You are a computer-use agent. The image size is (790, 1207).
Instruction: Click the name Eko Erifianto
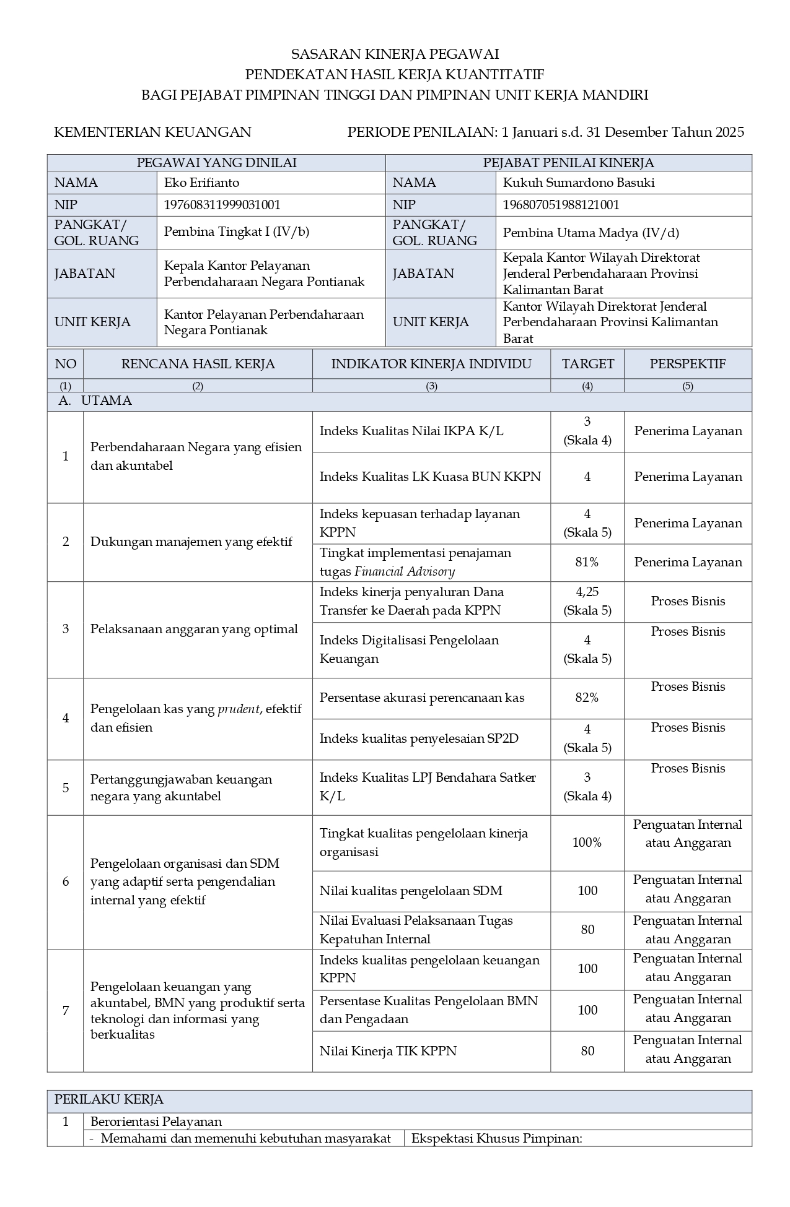pyautogui.click(x=201, y=183)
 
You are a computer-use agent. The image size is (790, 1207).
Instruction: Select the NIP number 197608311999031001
pyautogui.click(x=222, y=205)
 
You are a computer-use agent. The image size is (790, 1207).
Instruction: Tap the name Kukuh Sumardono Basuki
pyautogui.click(x=578, y=183)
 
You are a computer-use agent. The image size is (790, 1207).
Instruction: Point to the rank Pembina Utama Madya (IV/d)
pyautogui.click(x=590, y=233)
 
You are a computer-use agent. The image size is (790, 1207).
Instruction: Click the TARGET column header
pyautogui.click(x=587, y=364)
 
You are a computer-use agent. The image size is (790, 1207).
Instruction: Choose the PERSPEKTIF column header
pyautogui.click(x=687, y=364)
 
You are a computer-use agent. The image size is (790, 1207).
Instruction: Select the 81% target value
pyautogui.click(x=587, y=562)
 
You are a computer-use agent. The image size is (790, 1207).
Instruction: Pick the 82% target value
pyautogui.click(x=587, y=698)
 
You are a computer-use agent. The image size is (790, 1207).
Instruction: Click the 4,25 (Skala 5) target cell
pyautogui.click(x=587, y=601)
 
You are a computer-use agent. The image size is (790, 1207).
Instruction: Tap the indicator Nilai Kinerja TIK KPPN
pyautogui.click(x=387, y=1050)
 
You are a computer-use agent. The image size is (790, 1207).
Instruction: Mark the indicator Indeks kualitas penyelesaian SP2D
pyautogui.click(x=419, y=738)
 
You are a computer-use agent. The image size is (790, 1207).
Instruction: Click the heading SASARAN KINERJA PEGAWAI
pyautogui.click(x=395, y=54)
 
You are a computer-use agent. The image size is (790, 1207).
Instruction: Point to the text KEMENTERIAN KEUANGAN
pyautogui.click(x=152, y=132)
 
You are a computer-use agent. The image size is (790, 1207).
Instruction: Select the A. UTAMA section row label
pyautogui.click(x=95, y=400)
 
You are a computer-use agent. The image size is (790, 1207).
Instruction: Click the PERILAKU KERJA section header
pyautogui.click(x=109, y=1099)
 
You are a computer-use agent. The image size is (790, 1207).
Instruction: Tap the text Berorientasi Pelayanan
pyautogui.click(x=156, y=1122)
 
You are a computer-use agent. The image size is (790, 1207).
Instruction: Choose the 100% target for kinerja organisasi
pyautogui.click(x=587, y=842)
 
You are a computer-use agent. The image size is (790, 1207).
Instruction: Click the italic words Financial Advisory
pyautogui.click(x=405, y=571)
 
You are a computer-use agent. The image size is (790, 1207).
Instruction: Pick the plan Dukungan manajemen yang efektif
pyautogui.click(x=191, y=542)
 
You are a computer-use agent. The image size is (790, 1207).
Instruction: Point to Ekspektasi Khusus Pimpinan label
pyautogui.click(x=496, y=1138)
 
